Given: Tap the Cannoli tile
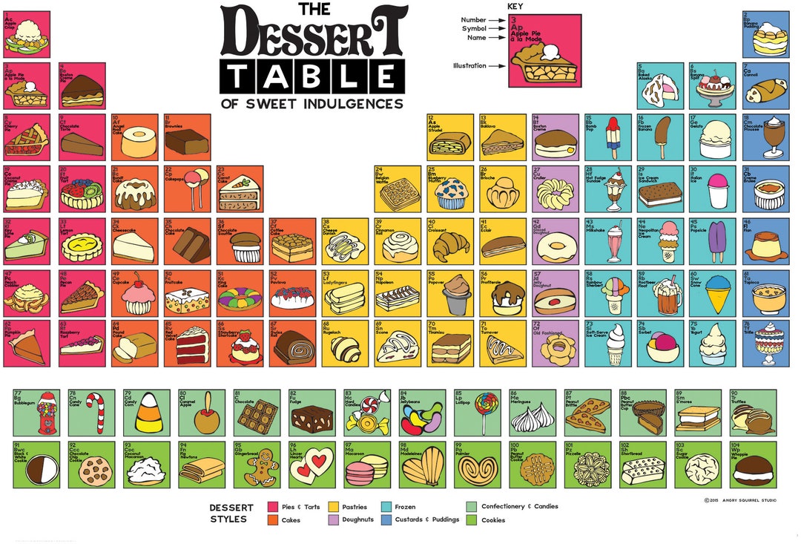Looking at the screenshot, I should pyautogui.click(x=765, y=85).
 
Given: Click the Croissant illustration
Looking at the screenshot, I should pyautogui.click(x=452, y=245).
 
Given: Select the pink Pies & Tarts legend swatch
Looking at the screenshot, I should pyautogui.click(x=272, y=507).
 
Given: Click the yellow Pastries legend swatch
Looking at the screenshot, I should pyautogui.click(x=333, y=507).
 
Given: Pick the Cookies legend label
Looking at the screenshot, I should pyautogui.click(x=493, y=520).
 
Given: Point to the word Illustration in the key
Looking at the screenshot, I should pyautogui.click(x=469, y=65).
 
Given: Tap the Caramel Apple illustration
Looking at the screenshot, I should pyautogui.click(x=201, y=417).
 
